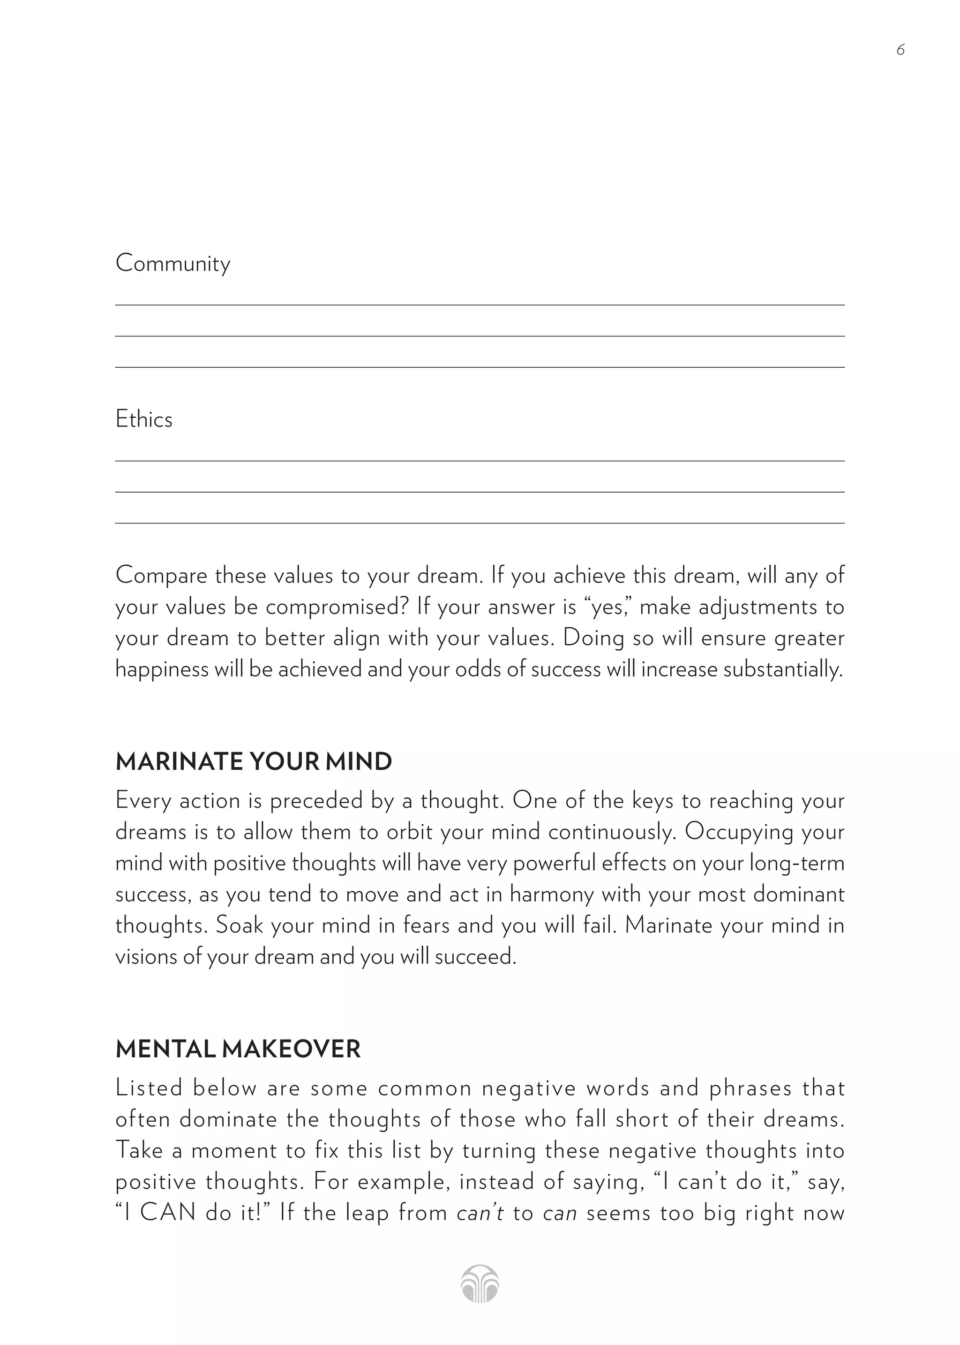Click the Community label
coord(172,264)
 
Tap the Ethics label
coord(143,419)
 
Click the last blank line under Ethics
coord(480,523)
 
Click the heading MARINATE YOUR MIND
coord(254,762)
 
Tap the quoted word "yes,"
coord(607,608)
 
